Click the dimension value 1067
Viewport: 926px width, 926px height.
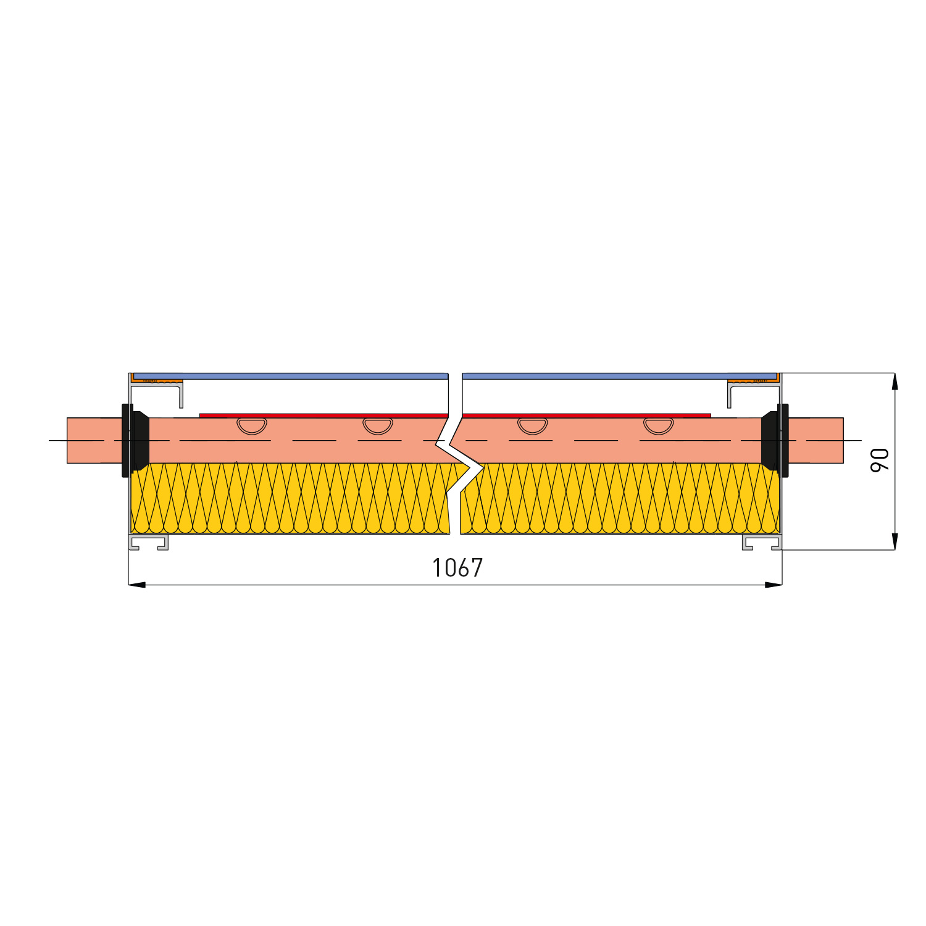point(457,568)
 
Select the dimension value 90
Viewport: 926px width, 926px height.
point(880,461)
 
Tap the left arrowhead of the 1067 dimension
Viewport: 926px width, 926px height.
point(137,585)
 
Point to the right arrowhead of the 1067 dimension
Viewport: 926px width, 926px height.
point(774,585)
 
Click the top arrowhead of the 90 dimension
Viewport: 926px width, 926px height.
point(895,382)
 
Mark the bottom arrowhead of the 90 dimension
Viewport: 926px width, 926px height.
point(895,541)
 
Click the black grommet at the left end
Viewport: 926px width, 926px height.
point(135,440)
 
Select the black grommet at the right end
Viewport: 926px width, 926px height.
point(775,440)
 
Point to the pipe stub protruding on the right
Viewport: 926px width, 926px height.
point(815,440)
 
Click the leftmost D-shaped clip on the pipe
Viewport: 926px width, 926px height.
point(252,425)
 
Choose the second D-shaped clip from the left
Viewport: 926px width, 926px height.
point(378,425)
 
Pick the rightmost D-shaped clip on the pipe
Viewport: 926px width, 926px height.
point(659,425)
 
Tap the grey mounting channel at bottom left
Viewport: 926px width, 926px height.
point(148,542)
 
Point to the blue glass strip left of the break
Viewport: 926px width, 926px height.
point(290,376)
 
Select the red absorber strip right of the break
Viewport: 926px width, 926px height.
point(586,415)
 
